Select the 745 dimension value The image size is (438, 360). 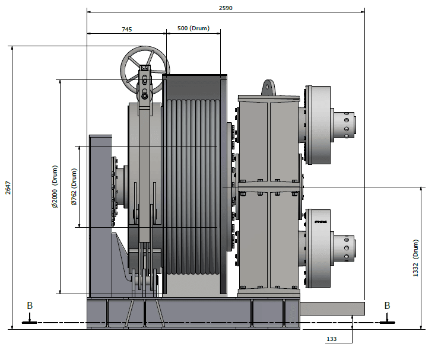click(x=126, y=28)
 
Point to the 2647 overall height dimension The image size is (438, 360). click(x=7, y=187)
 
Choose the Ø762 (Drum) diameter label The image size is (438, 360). click(x=74, y=186)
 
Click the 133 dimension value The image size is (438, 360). click(x=332, y=339)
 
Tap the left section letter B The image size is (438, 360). click(x=30, y=305)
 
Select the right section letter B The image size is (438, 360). click(x=387, y=305)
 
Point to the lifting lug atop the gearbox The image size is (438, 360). click(x=268, y=88)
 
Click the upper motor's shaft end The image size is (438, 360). click(x=344, y=125)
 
